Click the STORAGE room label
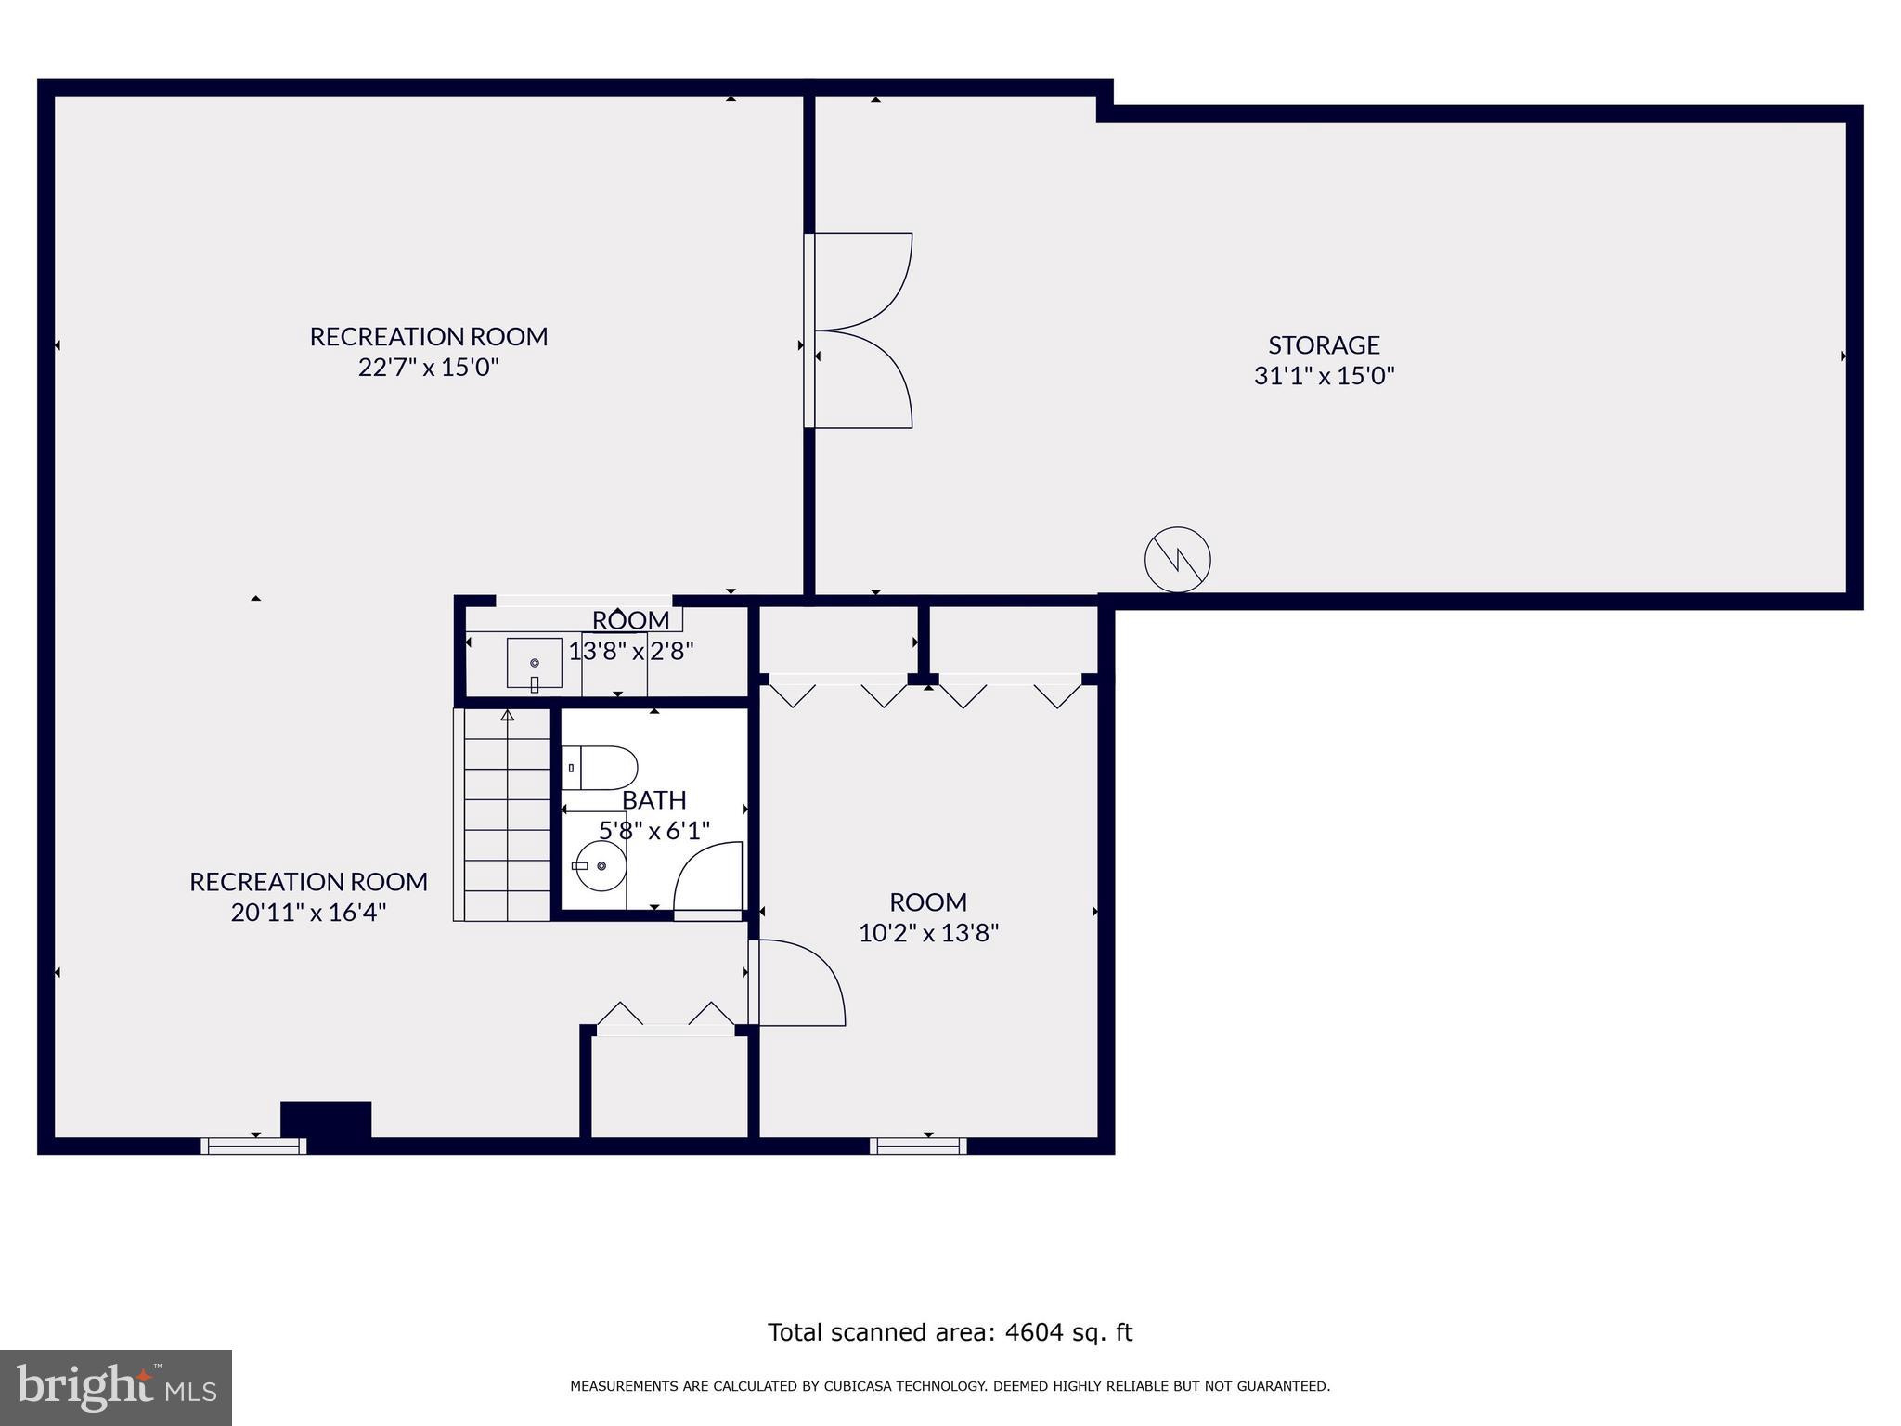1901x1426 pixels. pos(1324,345)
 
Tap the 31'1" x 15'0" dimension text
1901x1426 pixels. pos(1324,376)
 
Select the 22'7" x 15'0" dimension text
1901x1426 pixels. pos(428,368)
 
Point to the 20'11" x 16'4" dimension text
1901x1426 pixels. pos(308,913)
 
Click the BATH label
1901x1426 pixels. pos(653,800)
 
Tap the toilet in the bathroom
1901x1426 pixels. pos(600,768)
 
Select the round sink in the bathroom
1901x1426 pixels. pos(601,865)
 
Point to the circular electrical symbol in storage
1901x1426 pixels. pos(1177,560)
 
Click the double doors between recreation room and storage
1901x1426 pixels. pos(859,331)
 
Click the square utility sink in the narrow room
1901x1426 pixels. pos(534,663)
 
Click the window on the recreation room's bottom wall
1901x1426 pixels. pos(253,1147)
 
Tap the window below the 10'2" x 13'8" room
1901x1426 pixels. pos(918,1147)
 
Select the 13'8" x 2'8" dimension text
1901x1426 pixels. pos(631,652)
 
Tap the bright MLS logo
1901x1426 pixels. pos(116,1387)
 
